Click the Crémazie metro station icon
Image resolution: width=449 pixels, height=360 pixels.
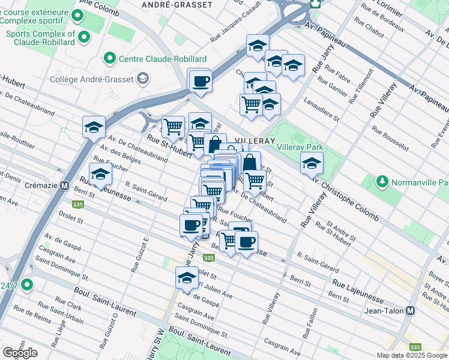point(64,186)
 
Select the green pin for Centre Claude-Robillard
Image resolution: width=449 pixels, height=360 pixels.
point(109,58)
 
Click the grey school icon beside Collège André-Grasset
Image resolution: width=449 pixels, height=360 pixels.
point(143,77)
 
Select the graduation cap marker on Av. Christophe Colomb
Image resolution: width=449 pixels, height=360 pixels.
point(312,163)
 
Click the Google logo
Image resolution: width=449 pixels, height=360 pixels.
point(20,352)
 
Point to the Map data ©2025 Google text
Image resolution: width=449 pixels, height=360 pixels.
point(411,355)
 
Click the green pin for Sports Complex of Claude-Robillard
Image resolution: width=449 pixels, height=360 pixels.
point(84,38)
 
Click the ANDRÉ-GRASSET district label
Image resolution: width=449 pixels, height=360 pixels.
point(176,5)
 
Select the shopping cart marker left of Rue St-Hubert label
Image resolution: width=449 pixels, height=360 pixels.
point(173,127)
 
